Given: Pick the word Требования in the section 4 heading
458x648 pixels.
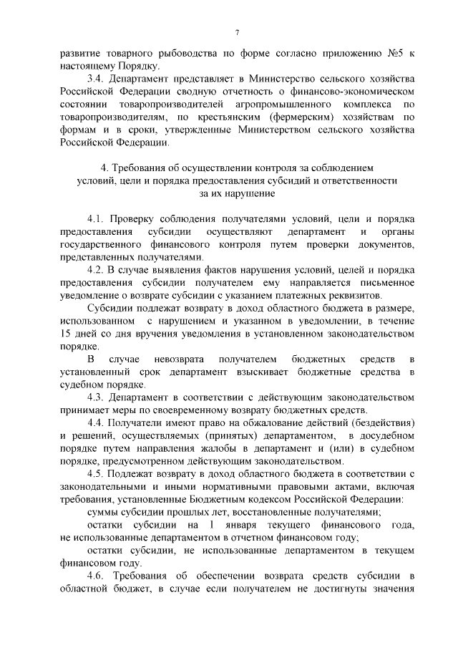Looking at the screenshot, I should pos(142,168).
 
